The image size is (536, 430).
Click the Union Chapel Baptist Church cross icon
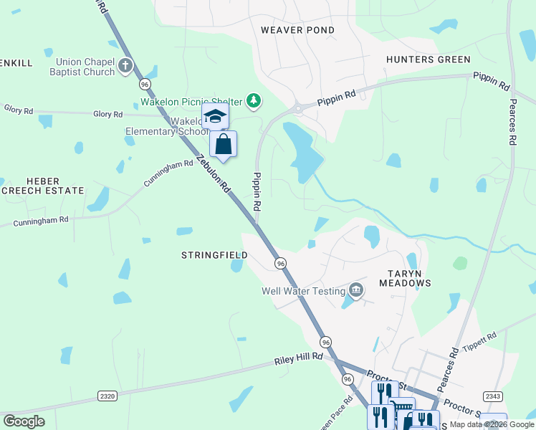[x=125, y=67]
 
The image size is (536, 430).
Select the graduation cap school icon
[x=215, y=115]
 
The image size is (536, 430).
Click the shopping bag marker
[x=224, y=144]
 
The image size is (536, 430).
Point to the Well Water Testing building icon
[x=355, y=290]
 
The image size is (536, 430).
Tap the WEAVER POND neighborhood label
[x=297, y=30]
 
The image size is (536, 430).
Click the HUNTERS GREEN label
[x=428, y=59]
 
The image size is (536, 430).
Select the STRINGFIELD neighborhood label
[x=214, y=255]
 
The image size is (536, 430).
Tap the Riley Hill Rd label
[x=299, y=359]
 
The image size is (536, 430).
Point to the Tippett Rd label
[x=480, y=340]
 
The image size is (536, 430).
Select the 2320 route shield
[x=107, y=396]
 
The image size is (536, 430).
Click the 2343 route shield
[x=493, y=396]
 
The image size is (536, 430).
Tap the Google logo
[x=24, y=421]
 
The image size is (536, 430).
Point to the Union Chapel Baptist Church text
[x=82, y=67]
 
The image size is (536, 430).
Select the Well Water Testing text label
[x=302, y=291]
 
